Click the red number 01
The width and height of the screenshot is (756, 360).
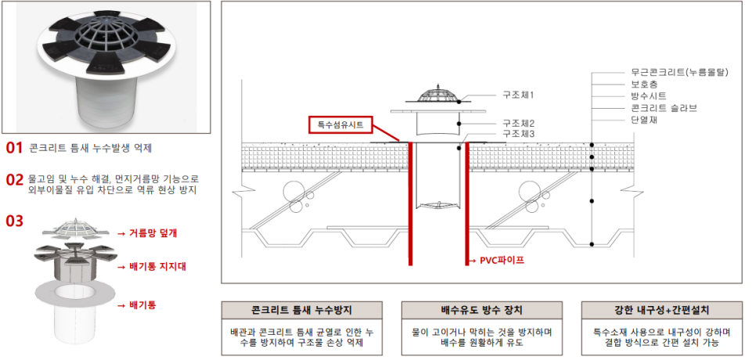(14, 148)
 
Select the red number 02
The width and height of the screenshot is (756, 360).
(14, 180)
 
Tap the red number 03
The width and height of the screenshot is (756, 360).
(14, 221)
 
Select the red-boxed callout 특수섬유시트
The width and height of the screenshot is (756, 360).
(340, 124)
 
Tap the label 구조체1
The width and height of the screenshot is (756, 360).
(518, 95)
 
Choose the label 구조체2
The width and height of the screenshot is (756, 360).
(518, 124)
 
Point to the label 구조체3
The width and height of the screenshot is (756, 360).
(518, 133)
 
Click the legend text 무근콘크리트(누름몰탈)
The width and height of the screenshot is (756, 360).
(679, 72)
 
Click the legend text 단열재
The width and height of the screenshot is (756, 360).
(644, 120)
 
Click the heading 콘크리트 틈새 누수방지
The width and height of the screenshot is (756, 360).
(302, 310)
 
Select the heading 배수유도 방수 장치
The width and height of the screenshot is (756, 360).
(481, 310)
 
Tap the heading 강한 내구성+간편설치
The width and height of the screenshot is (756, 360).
(661, 310)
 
